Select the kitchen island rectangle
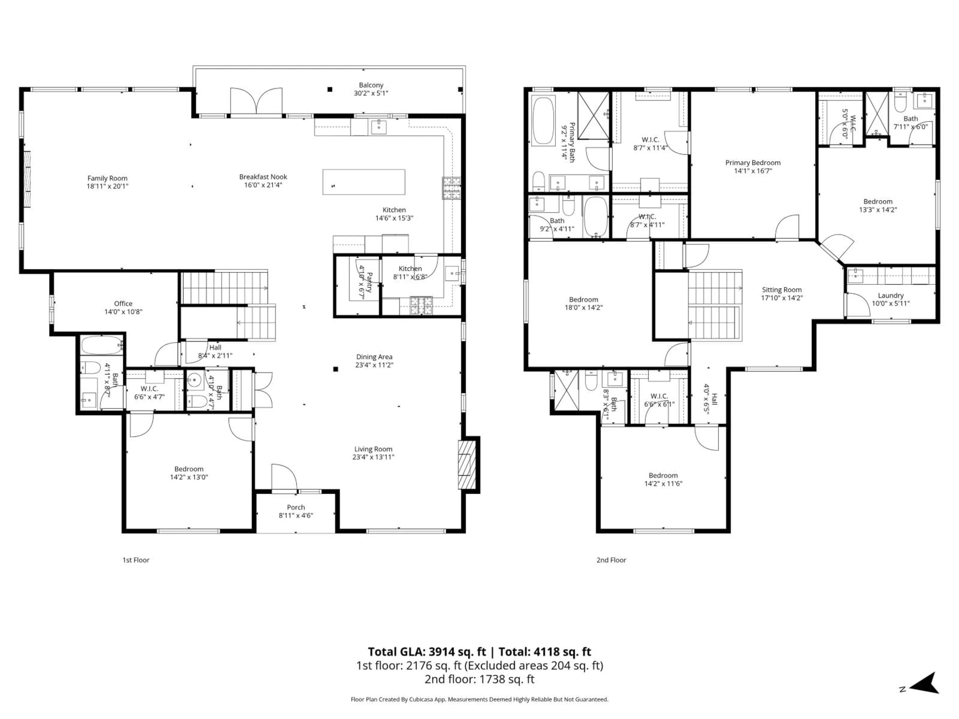(x=364, y=182)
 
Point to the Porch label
(x=296, y=507)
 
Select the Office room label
(x=123, y=303)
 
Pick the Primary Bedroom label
(x=753, y=163)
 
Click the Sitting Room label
(x=782, y=290)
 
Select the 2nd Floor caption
(x=611, y=560)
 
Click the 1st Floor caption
(x=136, y=560)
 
